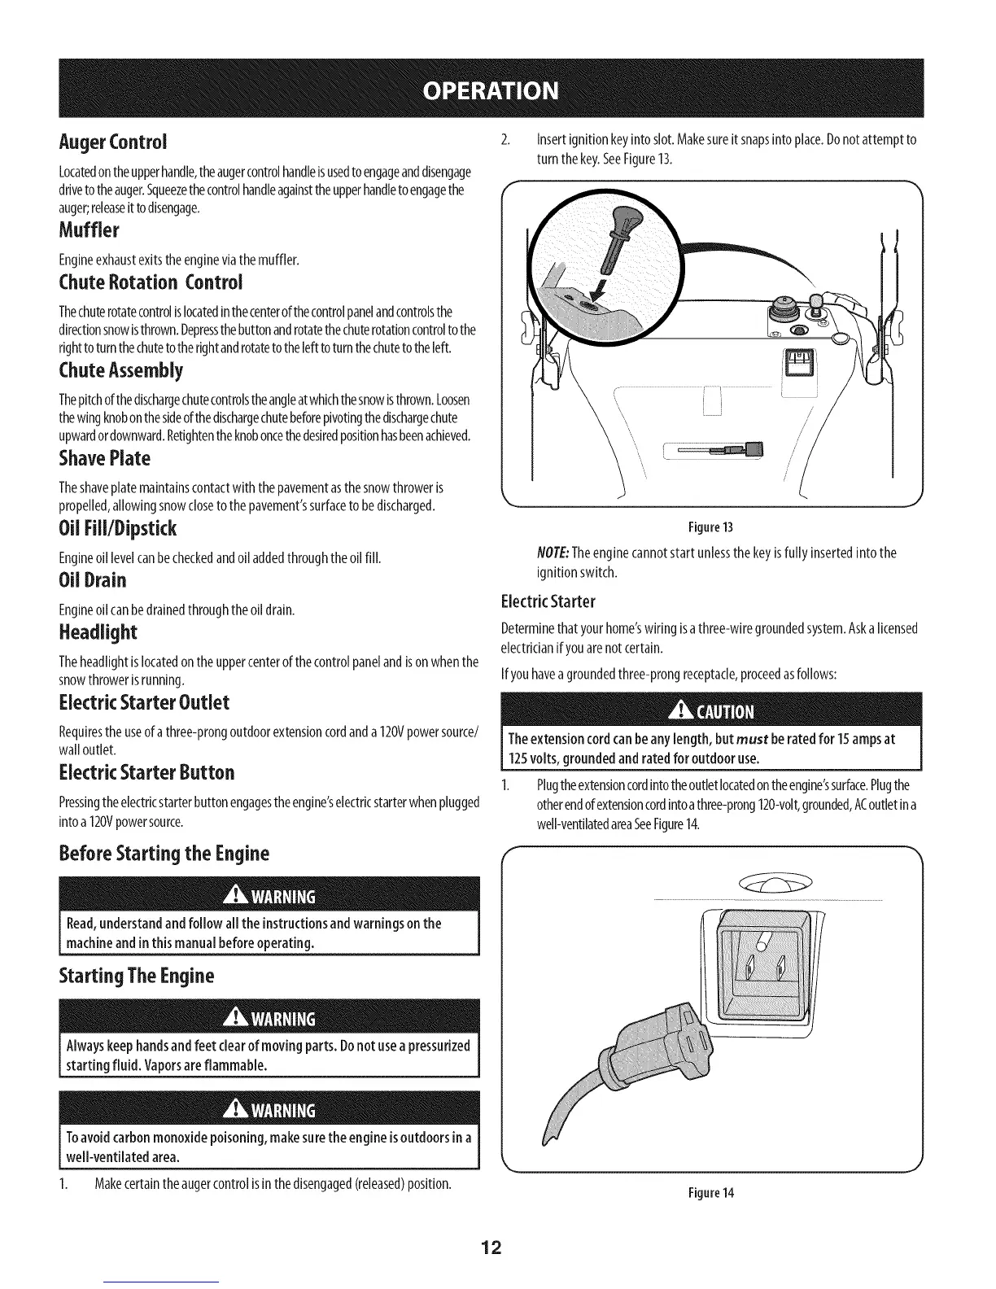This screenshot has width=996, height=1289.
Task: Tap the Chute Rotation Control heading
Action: tap(151, 282)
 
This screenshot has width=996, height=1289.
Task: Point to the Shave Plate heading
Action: tap(105, 458)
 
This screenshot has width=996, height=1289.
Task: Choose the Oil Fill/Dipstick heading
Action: tap(118, 529)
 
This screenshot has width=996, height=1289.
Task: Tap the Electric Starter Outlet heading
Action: tap(144, 702)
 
